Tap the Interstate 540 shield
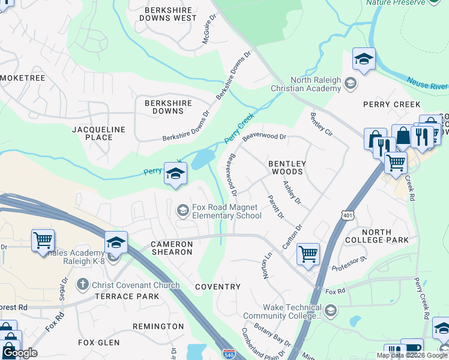(229, 353)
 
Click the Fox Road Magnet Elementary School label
(225, 211)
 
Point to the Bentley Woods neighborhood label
(287, 167)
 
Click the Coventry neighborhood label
(218, 287)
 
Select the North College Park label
(385, 236)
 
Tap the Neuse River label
(427, 83)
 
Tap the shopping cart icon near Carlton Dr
(308, 253)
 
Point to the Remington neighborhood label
(158, 326)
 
